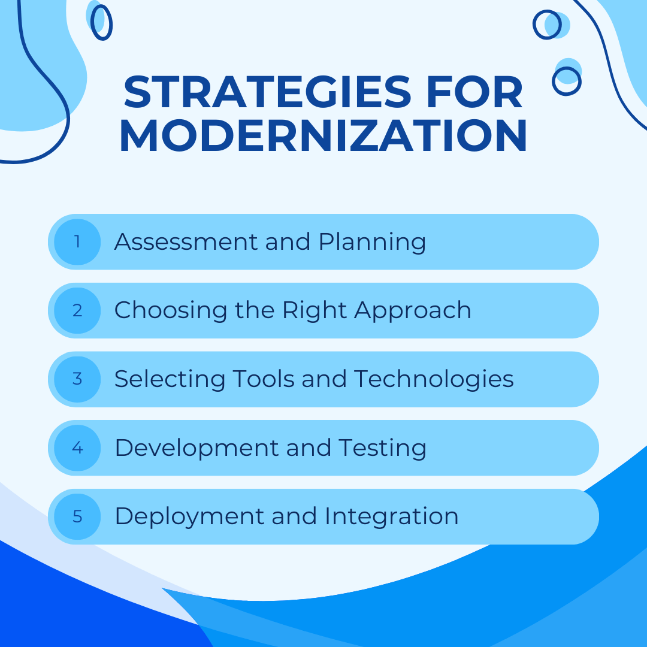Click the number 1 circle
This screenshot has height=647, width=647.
(77, 242)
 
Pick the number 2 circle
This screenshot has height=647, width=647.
(77, 311)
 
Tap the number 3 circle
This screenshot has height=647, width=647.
(77, 379)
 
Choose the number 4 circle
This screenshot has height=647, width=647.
(77, 448)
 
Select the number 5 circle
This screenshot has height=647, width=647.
(77, 516)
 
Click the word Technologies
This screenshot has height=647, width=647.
(434, 380)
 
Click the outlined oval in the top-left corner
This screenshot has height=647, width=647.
(101, 22)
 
